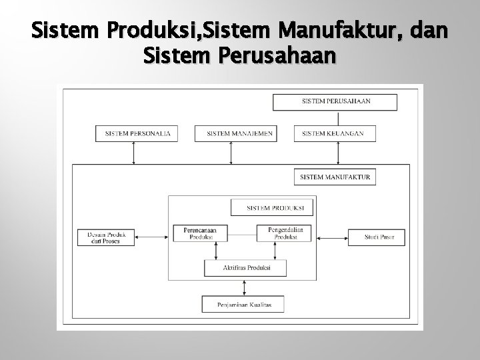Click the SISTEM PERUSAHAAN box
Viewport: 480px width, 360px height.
click(335, 102)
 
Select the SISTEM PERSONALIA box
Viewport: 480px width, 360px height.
click(137, 133)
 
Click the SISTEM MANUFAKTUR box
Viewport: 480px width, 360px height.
click(335, 177)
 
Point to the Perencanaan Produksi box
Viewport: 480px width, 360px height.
click(199, 233)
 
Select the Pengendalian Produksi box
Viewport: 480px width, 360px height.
click(285, 233)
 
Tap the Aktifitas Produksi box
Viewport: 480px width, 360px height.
click(245, 267)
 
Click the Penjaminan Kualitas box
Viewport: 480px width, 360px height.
click(243, 305)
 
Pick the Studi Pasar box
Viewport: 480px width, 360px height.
click(376, 237)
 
